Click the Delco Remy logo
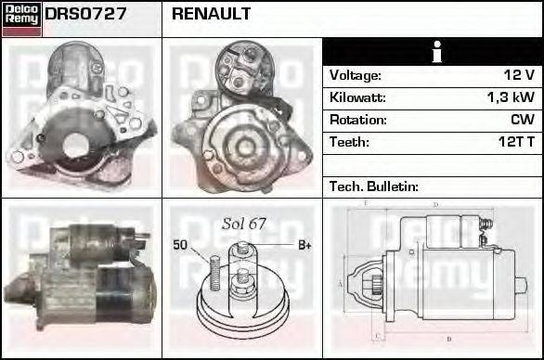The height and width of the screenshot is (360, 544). point(21,19)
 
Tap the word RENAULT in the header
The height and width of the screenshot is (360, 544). point(211,15)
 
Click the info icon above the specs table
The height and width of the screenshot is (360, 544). point(433,52)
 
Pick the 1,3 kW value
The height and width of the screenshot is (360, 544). point(511,97)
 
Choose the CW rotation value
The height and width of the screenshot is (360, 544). point(522,120)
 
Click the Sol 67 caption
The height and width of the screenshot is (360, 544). point(244,225)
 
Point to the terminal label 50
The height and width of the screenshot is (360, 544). point(181,245)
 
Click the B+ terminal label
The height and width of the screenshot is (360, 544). point(304,245)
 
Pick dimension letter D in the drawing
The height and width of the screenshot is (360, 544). point(435,204)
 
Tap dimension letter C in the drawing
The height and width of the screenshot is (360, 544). point(375,336)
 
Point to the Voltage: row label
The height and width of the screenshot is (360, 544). point(356,75)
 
